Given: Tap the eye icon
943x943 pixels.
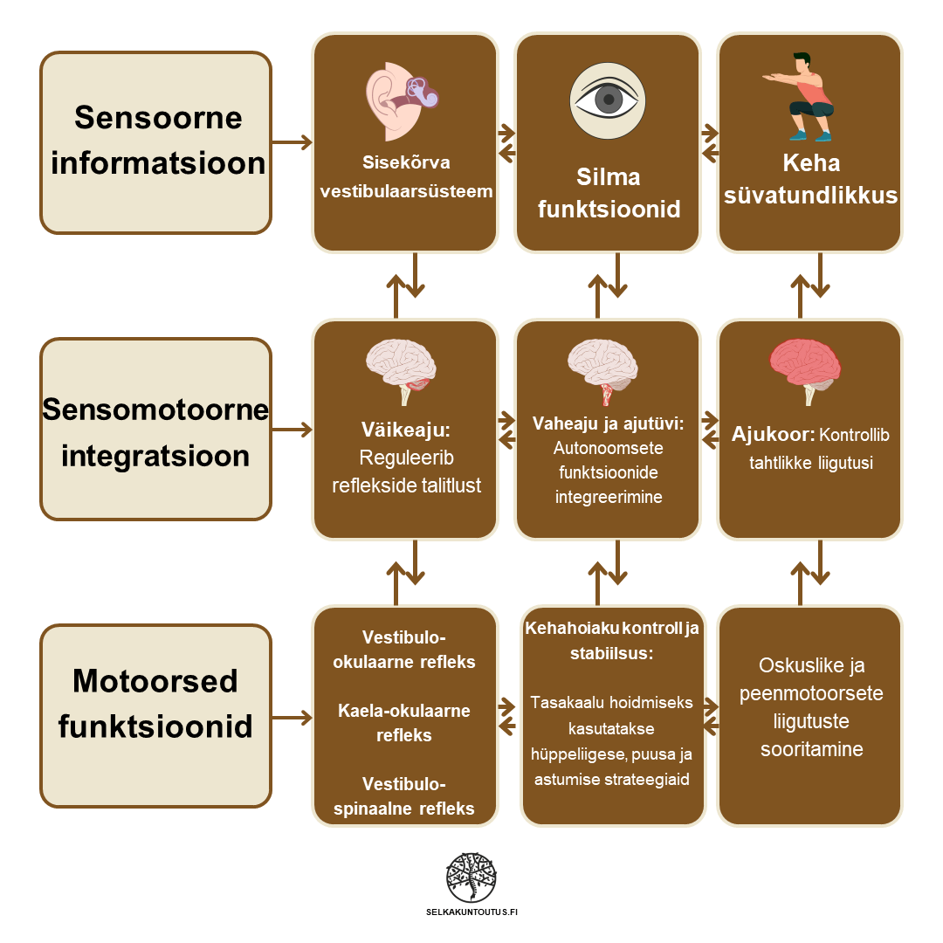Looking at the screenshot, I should pos(608,100).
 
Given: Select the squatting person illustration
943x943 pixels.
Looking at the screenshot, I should pos(807,97).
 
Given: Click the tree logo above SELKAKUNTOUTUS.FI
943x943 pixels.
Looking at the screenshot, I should pos(471,878).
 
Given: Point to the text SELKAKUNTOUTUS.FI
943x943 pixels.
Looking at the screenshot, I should pos(471,912).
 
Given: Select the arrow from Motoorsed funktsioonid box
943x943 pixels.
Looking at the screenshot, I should pos(292,717).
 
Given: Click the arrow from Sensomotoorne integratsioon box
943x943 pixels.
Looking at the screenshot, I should pos(292,430).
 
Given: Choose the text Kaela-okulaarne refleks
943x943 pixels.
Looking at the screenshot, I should pos(404,723).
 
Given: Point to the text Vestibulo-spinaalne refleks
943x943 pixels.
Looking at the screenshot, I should pos(404,795).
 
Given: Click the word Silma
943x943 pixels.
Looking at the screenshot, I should pos(608,177).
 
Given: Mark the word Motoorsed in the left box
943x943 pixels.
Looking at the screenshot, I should pos(155,681).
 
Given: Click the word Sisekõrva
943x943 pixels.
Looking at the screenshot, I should pos(406,162).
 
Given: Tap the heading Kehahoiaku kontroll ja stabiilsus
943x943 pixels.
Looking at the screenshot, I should pos(612,641).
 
